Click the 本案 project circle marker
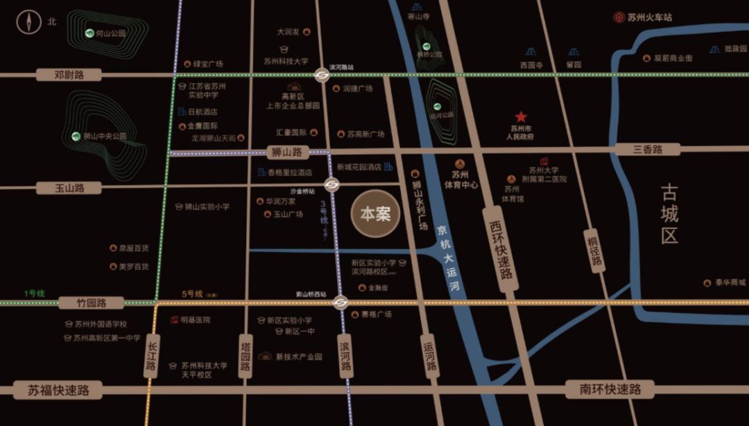coord(375,214)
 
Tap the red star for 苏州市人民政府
coord(521,117)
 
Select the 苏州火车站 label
coord(650,17)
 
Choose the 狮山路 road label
coord(288,152)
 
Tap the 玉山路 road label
coord(69,188)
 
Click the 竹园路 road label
coord(91,303)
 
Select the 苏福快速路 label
coord(60,390)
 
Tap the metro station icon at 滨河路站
coord(322,76)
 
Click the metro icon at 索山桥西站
coord(340,302)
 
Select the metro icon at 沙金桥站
coord(332,185)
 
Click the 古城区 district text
coord(669,213)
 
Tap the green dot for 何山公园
coord(89,33)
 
